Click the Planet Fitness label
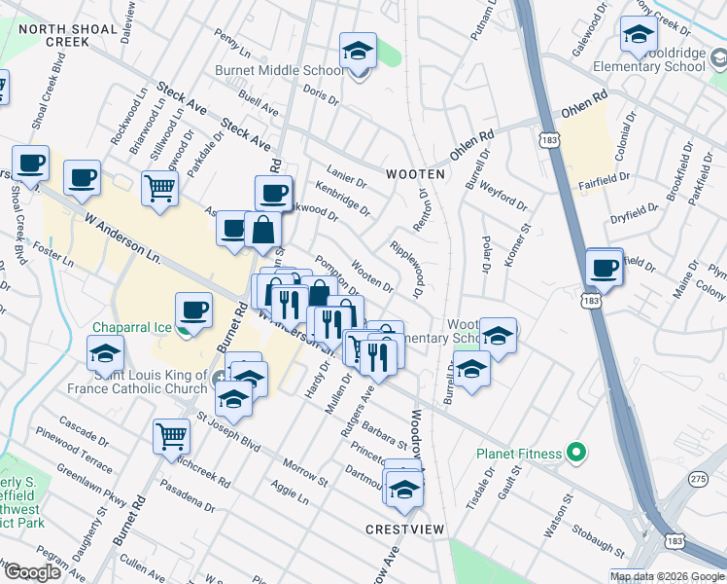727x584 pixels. [519, 454]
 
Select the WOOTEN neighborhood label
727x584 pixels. [415, 174]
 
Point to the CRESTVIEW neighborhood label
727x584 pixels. [405, 529]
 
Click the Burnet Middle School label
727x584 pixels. [280, 70]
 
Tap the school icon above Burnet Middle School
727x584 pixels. [358, 51]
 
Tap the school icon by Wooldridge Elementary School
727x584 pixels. [638, 34]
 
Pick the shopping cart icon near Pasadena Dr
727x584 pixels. [171, 437]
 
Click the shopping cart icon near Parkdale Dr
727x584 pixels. [159, 188]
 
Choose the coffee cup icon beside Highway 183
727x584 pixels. [604, 267]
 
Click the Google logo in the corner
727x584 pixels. [31, 571]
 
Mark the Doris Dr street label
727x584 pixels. [320, 95]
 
